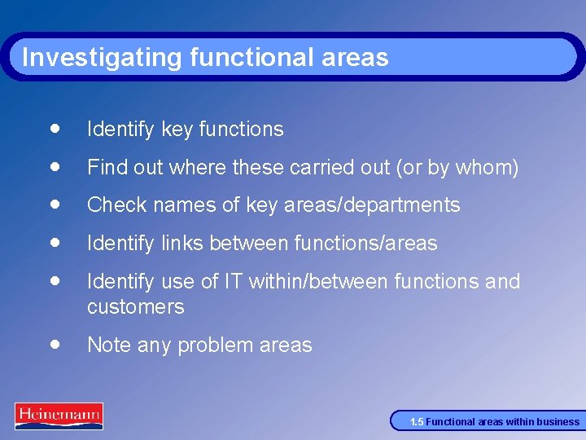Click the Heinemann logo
point(59,416)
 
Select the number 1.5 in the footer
point(417,422)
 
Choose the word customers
point(135,307)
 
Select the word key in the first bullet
point(177,130)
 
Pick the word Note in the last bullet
point(108,345)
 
